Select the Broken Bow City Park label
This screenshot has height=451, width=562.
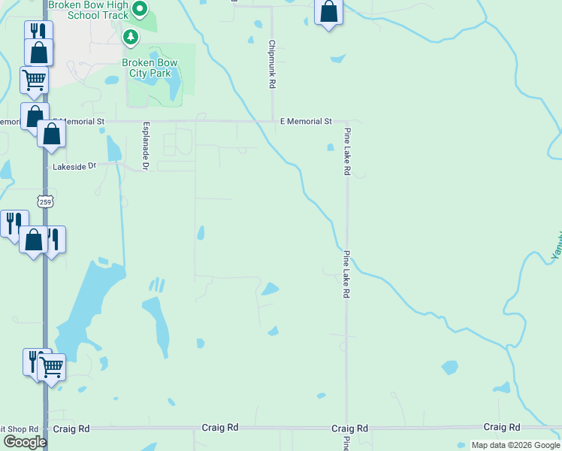click(x=147, y=68)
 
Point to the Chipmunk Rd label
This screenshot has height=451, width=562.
click(x=272, y=65)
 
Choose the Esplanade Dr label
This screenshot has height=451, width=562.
click(x=146, y=145)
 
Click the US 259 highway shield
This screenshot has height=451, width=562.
click(x=43, y=200)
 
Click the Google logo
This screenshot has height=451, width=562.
click(x=24, y=442)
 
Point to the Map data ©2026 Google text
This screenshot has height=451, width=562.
click(x=515, y=445)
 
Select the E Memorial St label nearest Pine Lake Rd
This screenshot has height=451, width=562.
click(x=306, y=121)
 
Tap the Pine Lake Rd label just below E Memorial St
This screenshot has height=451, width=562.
click(x=347, y=152)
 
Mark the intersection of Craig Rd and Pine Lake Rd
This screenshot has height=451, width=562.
click(x=346, y=428)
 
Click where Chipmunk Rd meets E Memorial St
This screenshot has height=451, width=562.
click(x=272, y=121)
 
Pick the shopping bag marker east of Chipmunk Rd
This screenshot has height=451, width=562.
click(x=328, y=12)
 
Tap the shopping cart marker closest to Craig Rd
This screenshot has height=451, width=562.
click(x=50, y=368)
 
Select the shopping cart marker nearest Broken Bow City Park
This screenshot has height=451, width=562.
click(x=34, y=79)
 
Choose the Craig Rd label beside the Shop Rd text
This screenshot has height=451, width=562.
click(x=71, y=428)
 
